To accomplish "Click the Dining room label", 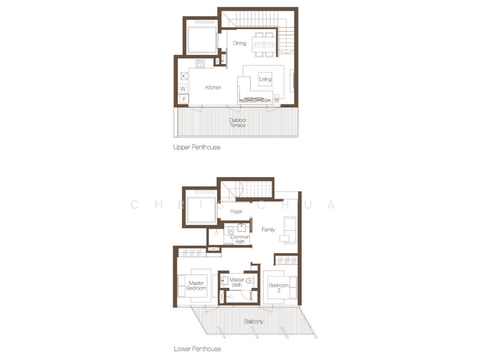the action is pyautogui.click(x=239, y=43).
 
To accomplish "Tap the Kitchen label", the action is pyautogui.click(x=213, y=88).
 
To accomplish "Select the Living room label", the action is pyautogui.click(x=265, y=79).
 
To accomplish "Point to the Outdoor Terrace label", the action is pyautogui.click(x=238, y=122).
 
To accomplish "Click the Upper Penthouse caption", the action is pyautogui.click(x=197, y=147).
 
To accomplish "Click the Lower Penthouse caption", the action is pyautogui.click(x=197, y=349).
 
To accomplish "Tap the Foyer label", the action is pyautogui.click(x=236, y=212).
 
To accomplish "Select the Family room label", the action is pyautogui.click(x=268, y=230).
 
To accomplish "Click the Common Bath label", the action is pyautogui.click(x=240, y=239).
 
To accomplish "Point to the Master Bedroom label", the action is pyautogui.click(x=196, y=286).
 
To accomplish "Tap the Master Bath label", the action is pyautogui.click(x=236, y=282).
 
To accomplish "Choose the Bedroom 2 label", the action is pyautogui.click(x=278, y=288).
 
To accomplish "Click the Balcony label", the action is pyautogui.click(x=253, y=322).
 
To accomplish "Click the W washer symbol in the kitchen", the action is pyautogui.click(x=183, y=88).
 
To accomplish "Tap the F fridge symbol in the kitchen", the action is pyautogui.click(x=184, y=99).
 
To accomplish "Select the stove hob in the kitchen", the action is pyautogui.click(x=200, y=64).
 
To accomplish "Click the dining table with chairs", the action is pyautogui.click(x=264, y=44).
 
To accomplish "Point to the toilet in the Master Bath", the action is pyautogui.click(x=250, y=280).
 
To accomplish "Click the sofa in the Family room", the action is pyautogui.click(x=290, y=230).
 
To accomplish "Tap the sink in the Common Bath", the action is pyautogui.click(x=242, y=228).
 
